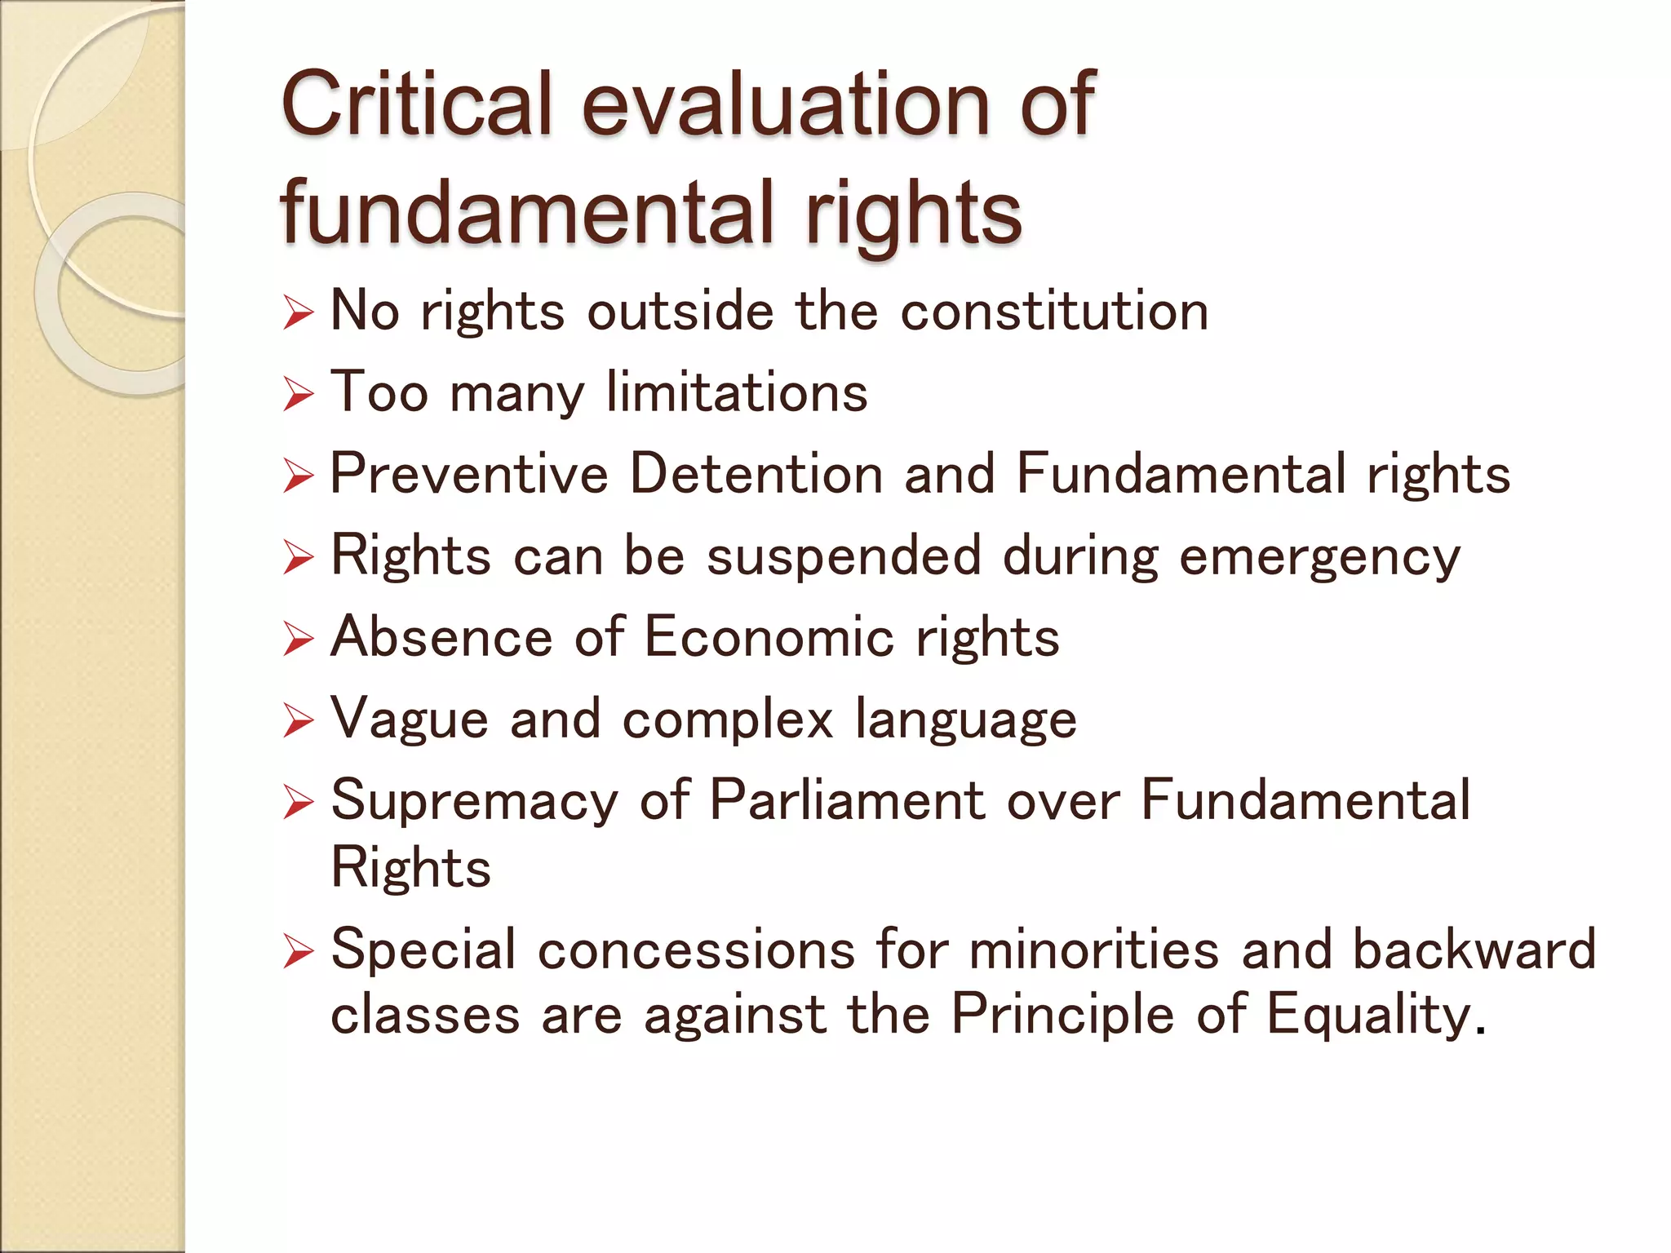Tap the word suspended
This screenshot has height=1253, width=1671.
(x=844, y=556)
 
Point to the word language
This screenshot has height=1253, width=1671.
(x=966, y=720)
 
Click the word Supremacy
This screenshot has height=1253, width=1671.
(x=475, y=801)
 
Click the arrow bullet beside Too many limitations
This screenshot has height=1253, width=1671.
(x=299, y=395)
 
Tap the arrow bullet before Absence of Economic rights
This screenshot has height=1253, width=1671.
(x=299, y=640)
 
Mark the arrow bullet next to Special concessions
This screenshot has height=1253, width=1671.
(x=299, y=952)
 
